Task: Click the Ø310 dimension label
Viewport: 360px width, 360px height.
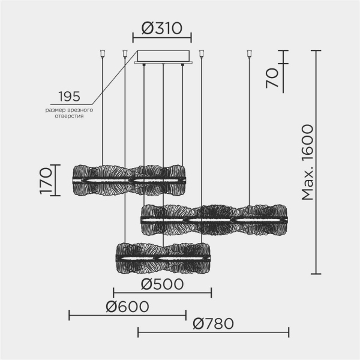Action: pyautogui.click(x=161, y=28)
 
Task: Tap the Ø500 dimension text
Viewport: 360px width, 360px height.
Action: pyautogui.click(x=162, y=284)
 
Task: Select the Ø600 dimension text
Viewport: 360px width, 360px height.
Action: pyautogui.click(x=127, y=306)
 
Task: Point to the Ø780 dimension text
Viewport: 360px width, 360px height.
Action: pyautogui.click(x=213, y=325)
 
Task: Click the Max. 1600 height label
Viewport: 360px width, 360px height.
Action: pyautogui.click(x=308, y=162)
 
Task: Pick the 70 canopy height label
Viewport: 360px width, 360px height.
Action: pyautogui.click(x=273, y=78)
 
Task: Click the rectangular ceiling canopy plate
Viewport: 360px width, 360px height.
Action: pyautogui.click(x=163, y=57)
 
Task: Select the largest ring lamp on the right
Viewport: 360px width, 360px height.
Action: pyautogui.click(x=214, y=220)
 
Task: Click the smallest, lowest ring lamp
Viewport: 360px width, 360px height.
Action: pyautogui.click(x=163, y=257)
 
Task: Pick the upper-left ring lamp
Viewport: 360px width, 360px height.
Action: pyautogui.click(x=128, y=179)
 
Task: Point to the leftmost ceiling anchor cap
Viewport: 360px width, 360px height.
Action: pyautogui.click(x=103, y=53)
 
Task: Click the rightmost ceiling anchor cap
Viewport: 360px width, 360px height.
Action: pyautogui.click(x=248, y=53)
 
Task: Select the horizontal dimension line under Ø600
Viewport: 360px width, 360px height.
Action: pyautogui.click(x=127, y=315)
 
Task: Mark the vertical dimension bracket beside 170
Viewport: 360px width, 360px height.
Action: pyautogui.click(x=55, y=179)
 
